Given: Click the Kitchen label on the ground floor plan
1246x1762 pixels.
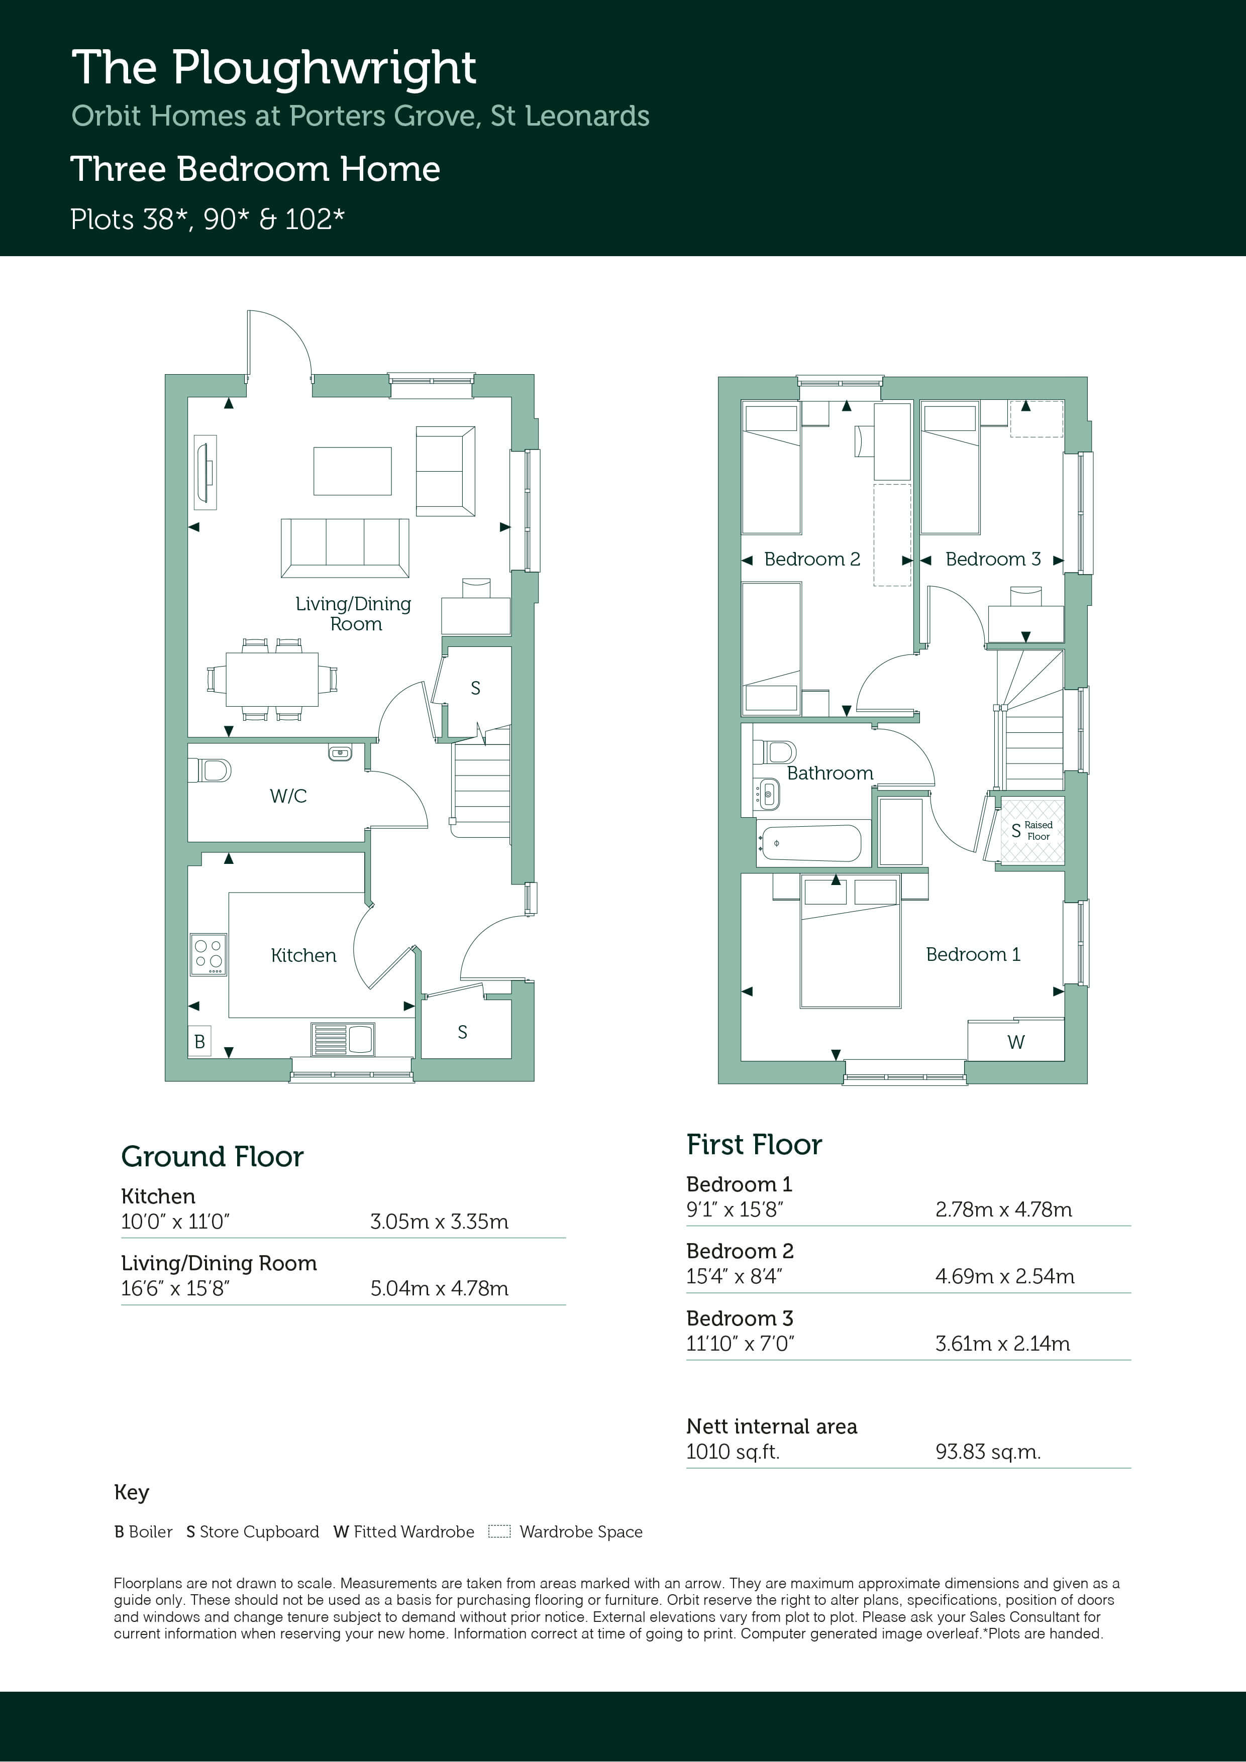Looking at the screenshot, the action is pyautogui.click(x=303, y=955).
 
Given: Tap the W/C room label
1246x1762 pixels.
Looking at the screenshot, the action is pyautogui.click(x=288, y=796).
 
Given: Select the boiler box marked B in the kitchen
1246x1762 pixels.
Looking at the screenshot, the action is pyautogui.click(x=199, y=1041).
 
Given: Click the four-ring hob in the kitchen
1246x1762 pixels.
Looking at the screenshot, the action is pyautogui.click(x=208, y=954).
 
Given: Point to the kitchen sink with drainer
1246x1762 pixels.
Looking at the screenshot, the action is pyautogui.click(x=343, y=1039).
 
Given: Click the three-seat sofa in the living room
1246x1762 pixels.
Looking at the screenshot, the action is pyautogui.click(x=345, y=548).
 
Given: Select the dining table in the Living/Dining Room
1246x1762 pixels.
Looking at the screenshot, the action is pyautogui.click(x=272, y=679).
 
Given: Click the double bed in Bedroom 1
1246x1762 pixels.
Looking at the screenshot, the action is pyautogui.click(x=850, y=942).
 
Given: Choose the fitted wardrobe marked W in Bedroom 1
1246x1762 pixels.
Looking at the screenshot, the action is pyautogui.click(x=1016, y=1040).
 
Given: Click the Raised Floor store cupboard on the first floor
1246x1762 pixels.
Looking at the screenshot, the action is pyautogui.click(x=1032, y=830).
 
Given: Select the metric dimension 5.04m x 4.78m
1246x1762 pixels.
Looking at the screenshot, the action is pyautogui.click(x=439, y=1288).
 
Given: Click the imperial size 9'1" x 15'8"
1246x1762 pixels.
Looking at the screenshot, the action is pyautogui.click(x=735, y=1209).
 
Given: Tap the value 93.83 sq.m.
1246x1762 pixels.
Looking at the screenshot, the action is pyautogui.click(x=988, y=1452).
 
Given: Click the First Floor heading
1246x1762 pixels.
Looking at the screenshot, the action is pyautogui.click(x=754, y=1144).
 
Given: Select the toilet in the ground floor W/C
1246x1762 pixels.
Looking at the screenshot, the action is pyautogui.click(x=210, y=769).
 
